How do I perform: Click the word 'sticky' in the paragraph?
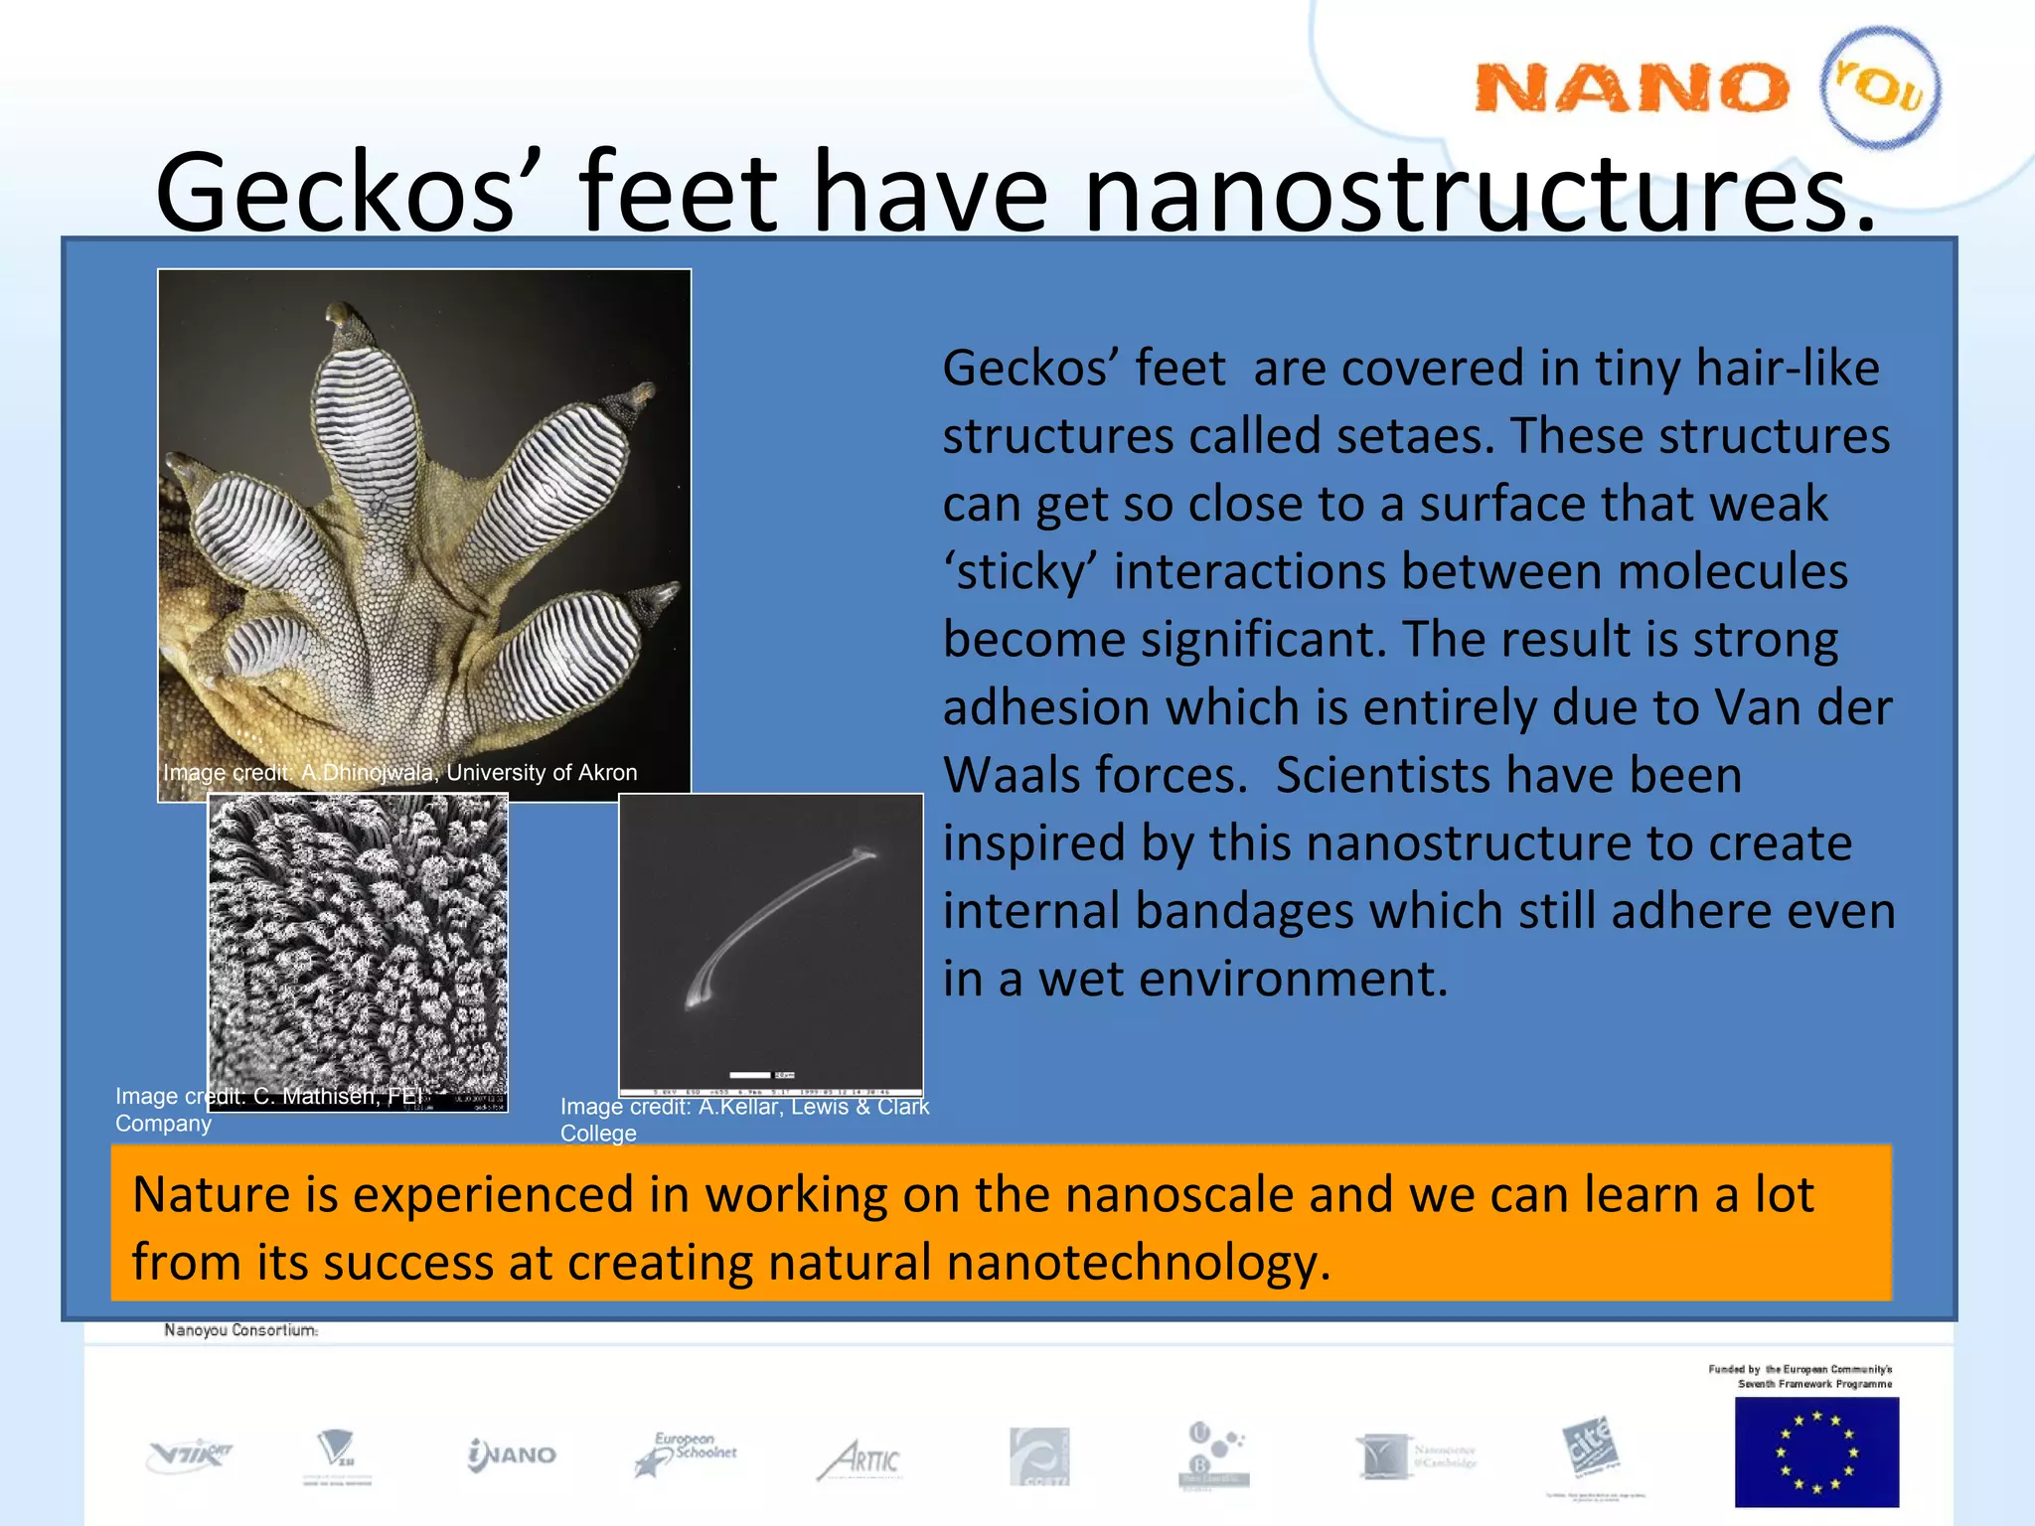(x=1019, y=573)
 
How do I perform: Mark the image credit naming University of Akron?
(x=399, y=773)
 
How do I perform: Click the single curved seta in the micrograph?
(x=775, y=924)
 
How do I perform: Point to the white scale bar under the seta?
(x=749, y=1074)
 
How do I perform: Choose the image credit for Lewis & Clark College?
(x=743, y=1120)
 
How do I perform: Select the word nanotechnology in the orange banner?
(x=1137, y=1263)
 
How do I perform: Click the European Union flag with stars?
(x=1815, y=1451)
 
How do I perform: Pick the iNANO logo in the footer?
(x=512, y=1455)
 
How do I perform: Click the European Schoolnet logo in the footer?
(x=686, y=1453)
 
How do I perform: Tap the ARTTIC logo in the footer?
(x=861, y=1458)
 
